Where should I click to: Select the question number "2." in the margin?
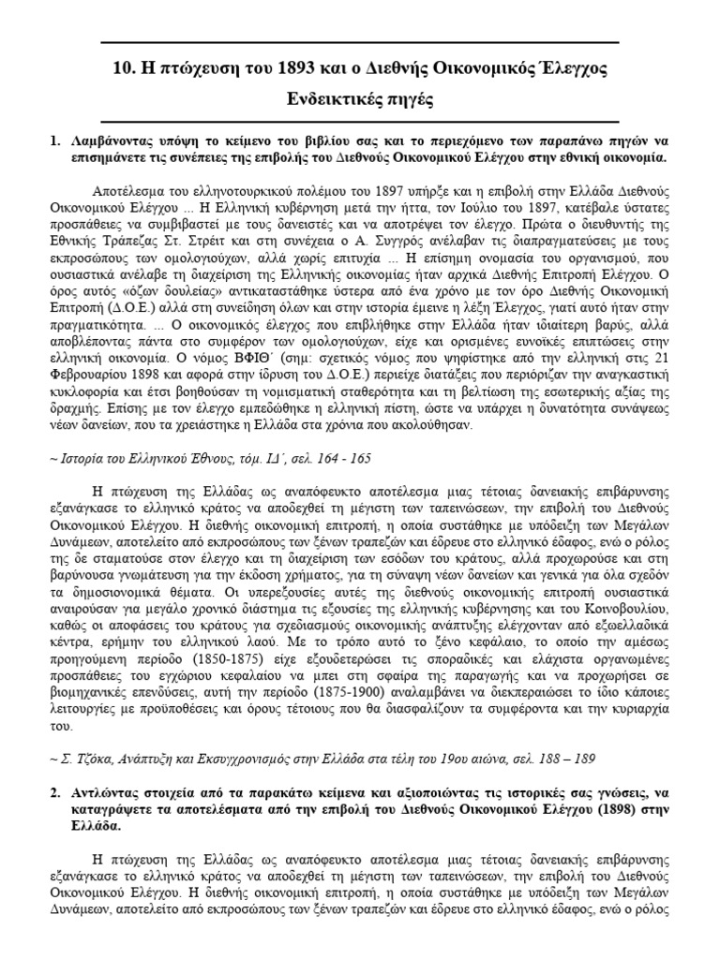(x=54, y=792)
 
